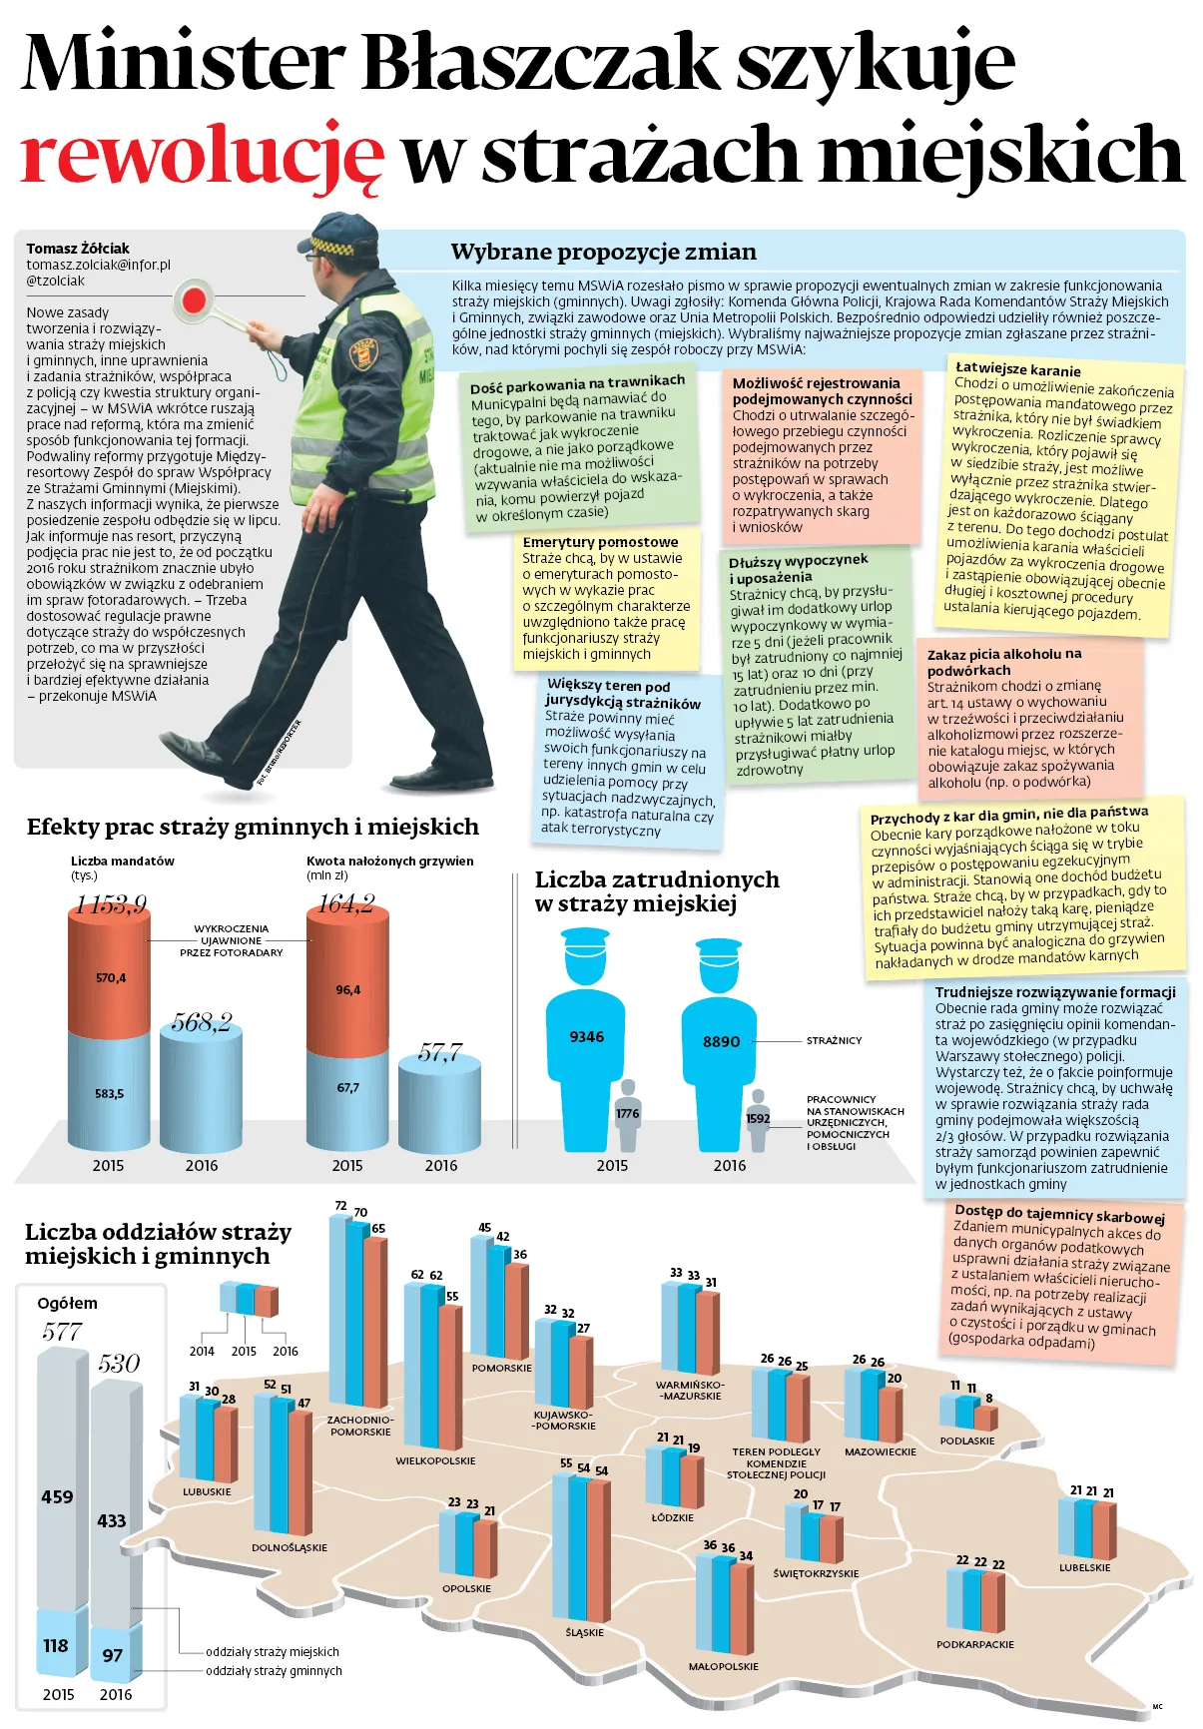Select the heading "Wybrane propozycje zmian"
point(603,252)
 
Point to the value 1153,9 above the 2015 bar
point(109,904)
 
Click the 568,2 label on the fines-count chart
point(201,1022)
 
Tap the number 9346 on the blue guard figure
point(587,1037)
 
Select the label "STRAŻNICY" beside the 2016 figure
point(834,1040)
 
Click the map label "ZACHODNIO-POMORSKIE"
point(360,1426)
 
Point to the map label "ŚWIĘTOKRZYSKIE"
point(816,1573)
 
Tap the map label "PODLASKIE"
point(967,1441)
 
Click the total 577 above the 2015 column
point(62,1332)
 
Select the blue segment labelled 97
point(114,1654)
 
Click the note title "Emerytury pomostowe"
point(600,542)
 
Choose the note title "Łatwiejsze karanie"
point(1018,369)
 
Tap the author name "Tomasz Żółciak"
point(78,248)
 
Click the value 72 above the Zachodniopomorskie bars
point(340,1206)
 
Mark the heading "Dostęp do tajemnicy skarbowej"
point(1060,1214)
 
